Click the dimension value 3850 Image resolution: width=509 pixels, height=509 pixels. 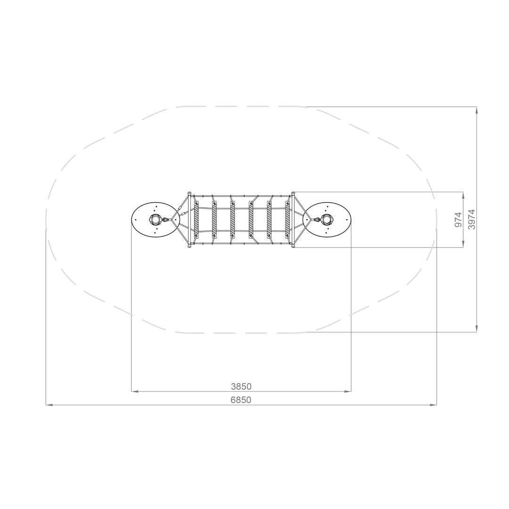coord(241,386)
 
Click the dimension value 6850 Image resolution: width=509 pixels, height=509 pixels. coord(241,400)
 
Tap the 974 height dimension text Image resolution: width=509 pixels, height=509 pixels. coord(458,220)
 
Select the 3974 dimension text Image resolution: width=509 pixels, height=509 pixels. coord(471,220)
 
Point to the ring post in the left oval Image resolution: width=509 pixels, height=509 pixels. coord(155,220)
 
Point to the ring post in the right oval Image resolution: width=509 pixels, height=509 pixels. coord(327,220)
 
